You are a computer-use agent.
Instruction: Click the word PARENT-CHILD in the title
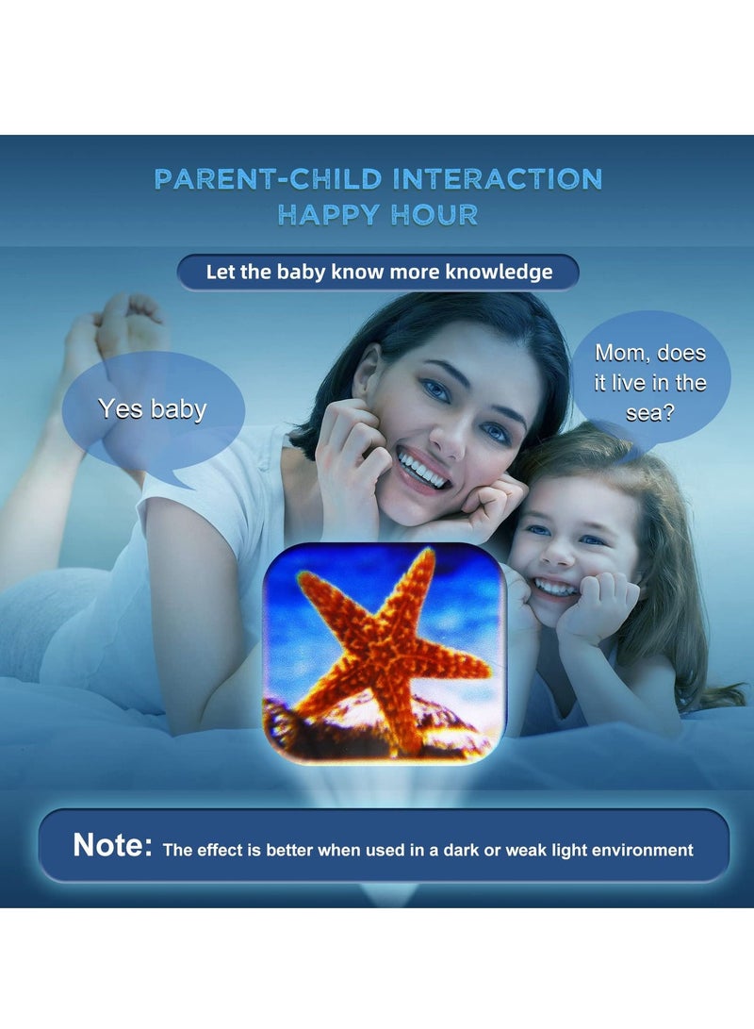268,179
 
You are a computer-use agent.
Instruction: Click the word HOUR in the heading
434,215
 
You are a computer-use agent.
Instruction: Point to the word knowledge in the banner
499,272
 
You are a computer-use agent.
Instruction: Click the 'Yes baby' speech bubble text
152,408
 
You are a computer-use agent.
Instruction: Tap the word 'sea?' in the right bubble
649,413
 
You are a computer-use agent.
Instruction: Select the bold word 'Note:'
113,844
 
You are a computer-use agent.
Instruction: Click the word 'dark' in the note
460,850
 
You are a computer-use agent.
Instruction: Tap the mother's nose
453,438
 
